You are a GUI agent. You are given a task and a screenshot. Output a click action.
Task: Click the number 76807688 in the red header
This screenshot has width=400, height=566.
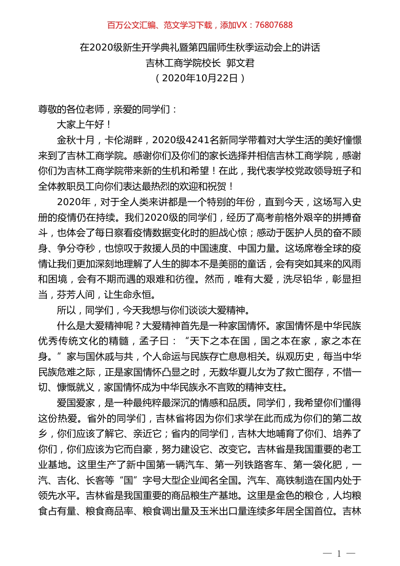point(273,25)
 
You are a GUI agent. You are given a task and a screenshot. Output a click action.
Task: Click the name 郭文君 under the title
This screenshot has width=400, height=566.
point(240,63)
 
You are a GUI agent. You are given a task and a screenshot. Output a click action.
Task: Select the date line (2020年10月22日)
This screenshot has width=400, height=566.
point(200,78)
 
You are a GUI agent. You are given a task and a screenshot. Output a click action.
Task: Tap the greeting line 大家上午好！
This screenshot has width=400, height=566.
point(85,125)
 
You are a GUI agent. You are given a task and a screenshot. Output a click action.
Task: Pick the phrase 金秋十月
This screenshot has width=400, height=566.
point(76,140)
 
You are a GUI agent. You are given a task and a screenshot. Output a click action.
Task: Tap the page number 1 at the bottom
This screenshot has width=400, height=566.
point(339,553)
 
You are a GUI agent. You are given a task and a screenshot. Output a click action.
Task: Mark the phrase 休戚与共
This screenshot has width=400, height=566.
point(114,357)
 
